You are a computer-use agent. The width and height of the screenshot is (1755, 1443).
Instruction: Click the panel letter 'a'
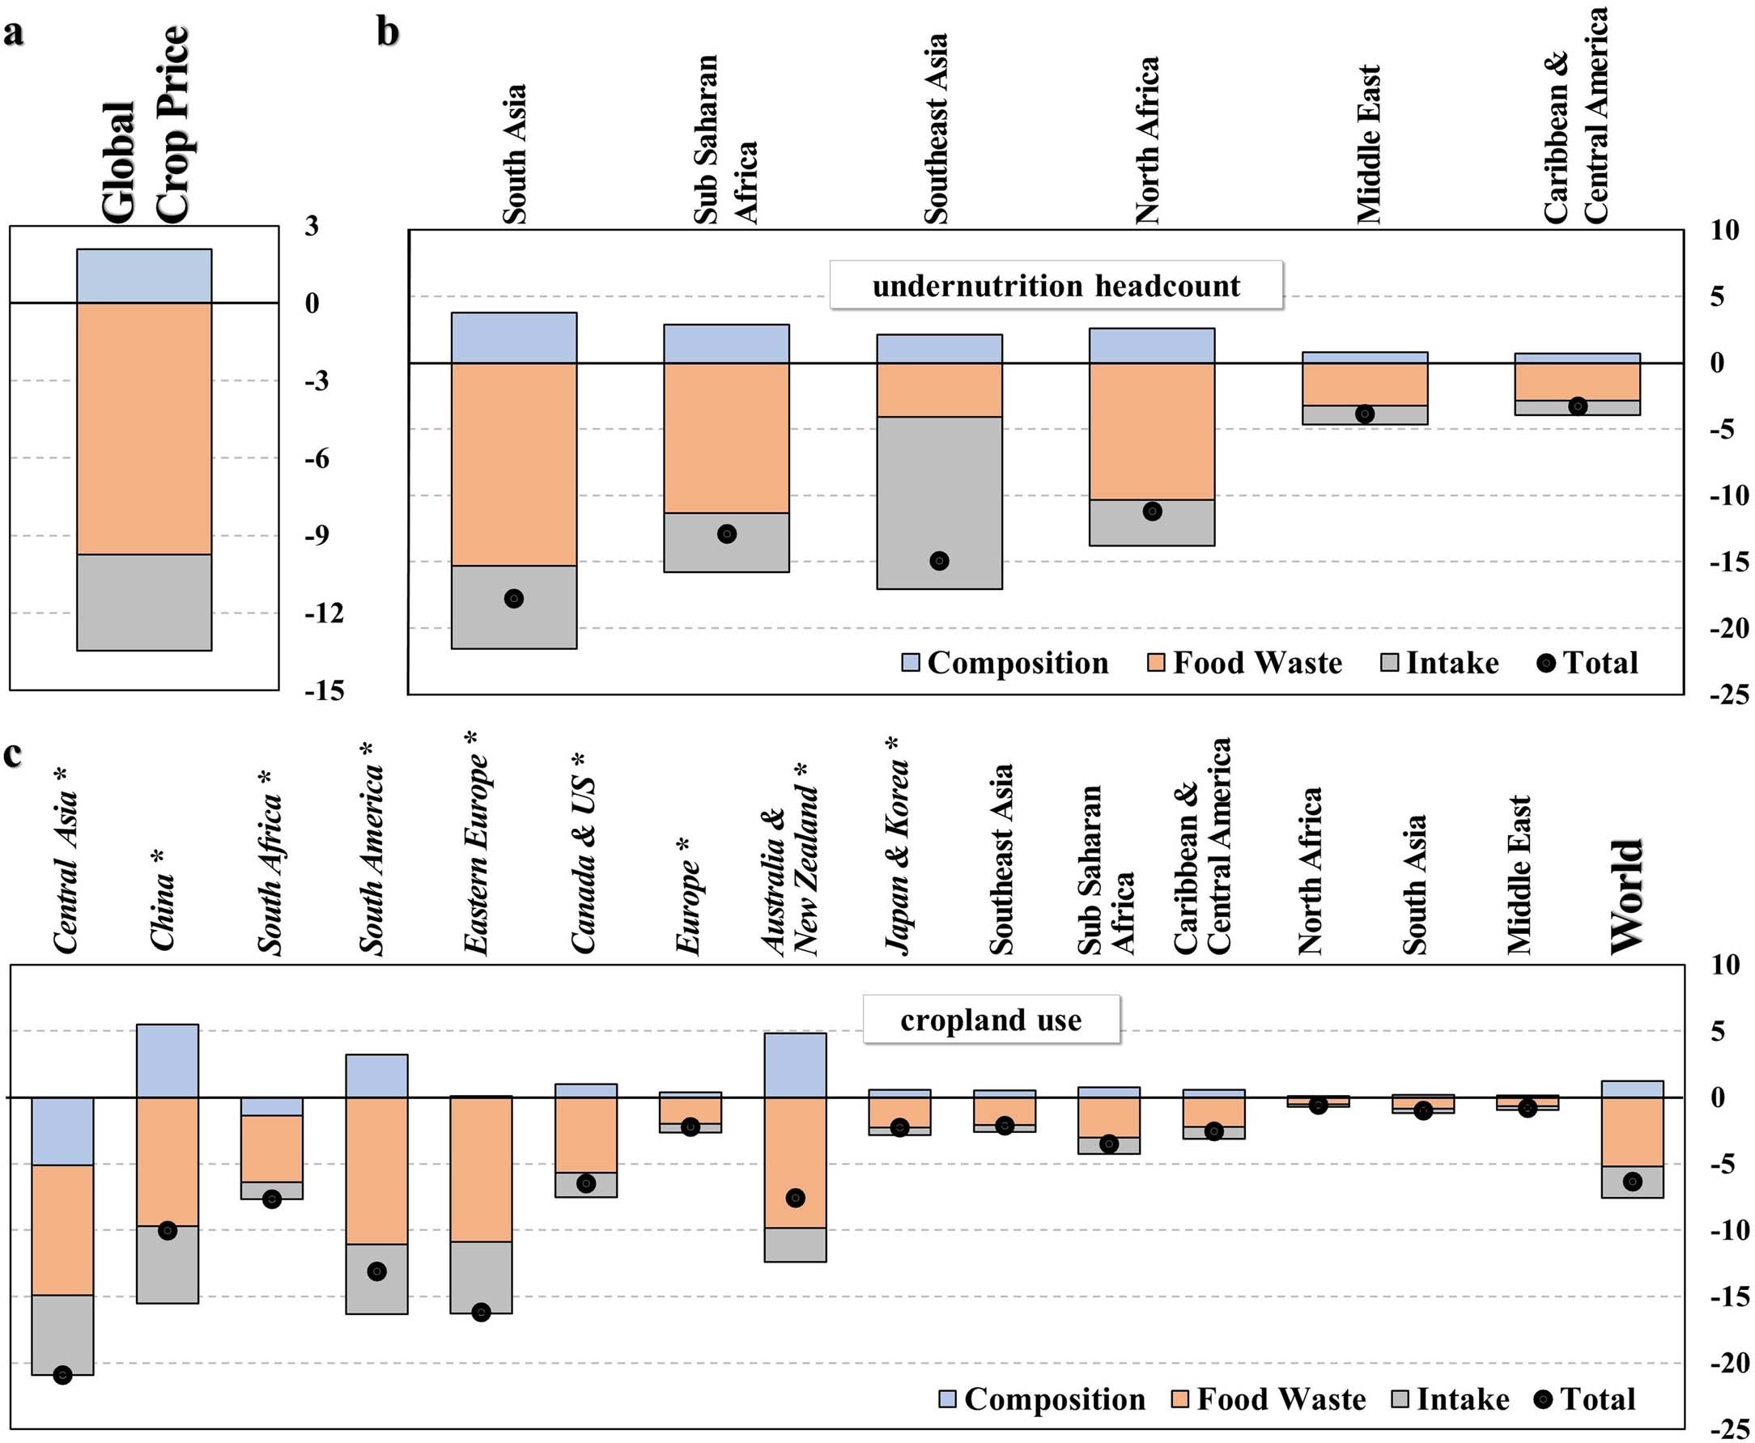(x=13, y=35)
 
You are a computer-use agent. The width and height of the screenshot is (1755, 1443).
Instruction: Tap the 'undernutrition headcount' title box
(x=1055, y=286)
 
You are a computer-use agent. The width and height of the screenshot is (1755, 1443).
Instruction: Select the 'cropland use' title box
(x=990, y=1020)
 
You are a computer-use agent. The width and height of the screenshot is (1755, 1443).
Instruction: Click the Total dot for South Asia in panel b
(x=514, y=598)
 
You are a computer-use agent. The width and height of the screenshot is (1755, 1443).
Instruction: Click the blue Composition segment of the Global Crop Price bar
(x=144, y=276)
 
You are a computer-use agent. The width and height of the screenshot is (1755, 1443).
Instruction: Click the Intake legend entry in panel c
(x=1451, y=1399)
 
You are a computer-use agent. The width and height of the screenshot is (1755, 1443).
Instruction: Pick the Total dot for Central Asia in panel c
(x=62, y=1375)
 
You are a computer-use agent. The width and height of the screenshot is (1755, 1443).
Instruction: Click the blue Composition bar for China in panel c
(x=167, y=1061)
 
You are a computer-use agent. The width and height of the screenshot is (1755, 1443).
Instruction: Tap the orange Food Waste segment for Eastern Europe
(x=481, y=1169)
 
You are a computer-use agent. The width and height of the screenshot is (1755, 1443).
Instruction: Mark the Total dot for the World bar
(x=1632, y=1182)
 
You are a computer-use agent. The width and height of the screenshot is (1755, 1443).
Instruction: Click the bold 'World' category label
(x=1627, y=897)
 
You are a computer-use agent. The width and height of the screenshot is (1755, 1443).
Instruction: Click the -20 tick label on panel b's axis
(x=1727, y=628)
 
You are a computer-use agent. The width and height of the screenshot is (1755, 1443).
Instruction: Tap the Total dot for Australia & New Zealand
(x=795, y=1198)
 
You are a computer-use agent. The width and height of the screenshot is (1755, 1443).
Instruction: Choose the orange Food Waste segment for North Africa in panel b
(x=1151, y=431)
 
